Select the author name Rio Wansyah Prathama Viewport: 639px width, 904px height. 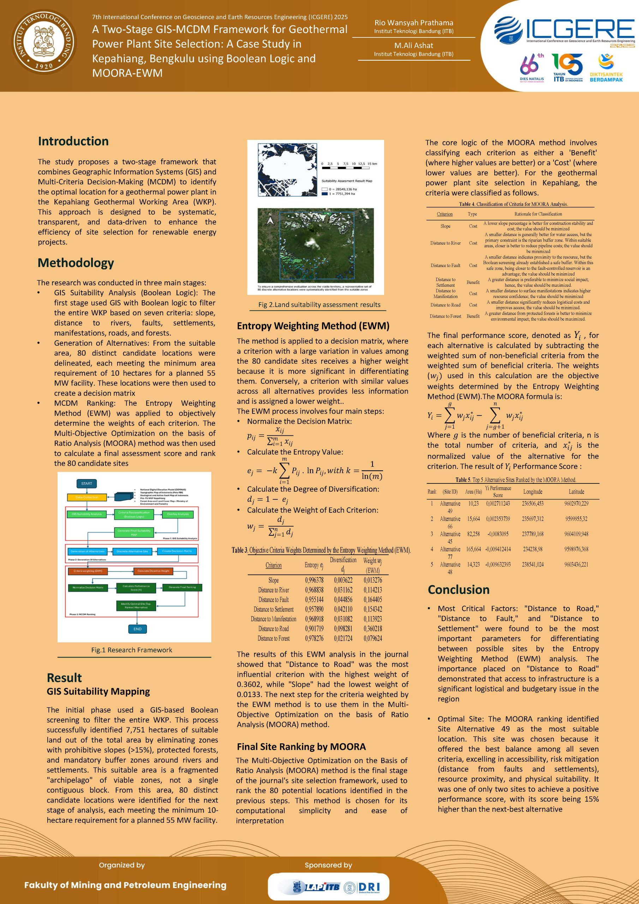click(413, 23)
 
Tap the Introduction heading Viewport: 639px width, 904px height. click(73, 141)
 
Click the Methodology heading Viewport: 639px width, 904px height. click(76, 263)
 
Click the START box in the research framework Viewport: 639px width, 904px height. click(86, 483)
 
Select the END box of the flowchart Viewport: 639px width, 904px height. click(137, 629)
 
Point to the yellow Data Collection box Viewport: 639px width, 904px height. click(86, 497)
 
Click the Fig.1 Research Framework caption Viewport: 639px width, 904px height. click(131, 650)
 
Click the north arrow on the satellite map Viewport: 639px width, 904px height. click(270, 219)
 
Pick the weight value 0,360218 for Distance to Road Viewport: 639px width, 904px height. click(372, 629)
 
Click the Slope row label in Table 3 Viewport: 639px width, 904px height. click(273, 580)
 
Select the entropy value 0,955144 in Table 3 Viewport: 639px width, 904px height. click(314, 600)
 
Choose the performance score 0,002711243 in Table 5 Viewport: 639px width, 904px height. click(498, 504)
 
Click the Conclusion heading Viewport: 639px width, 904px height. click(458, 589)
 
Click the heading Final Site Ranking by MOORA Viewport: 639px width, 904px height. click(301, 747)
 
